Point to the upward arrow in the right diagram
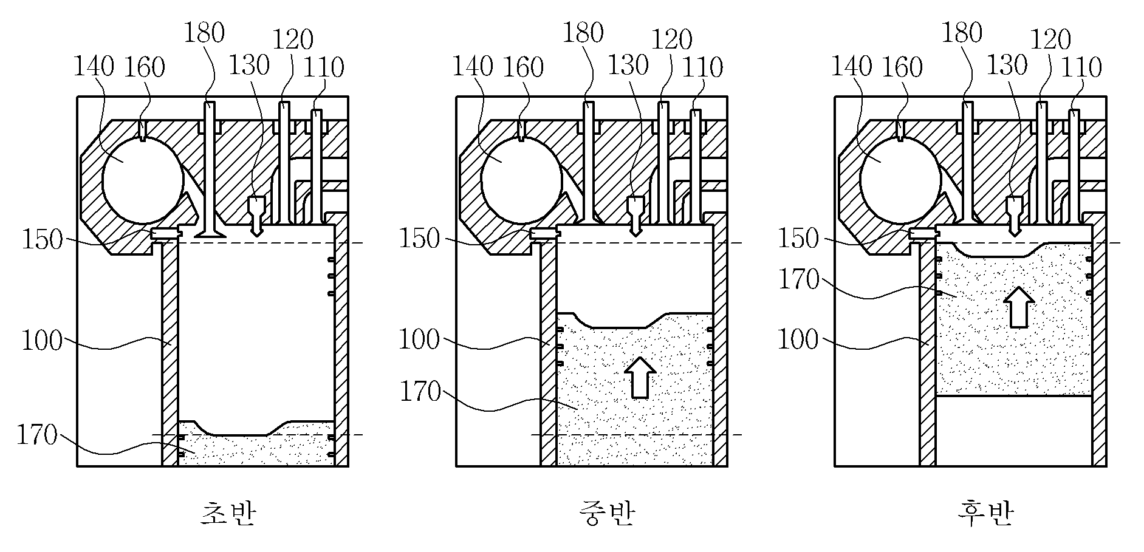(x=1018, y=307)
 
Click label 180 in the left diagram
(x=204, y=33)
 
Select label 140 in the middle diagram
(x=472, y=66)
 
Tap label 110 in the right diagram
(x=1081, y=67)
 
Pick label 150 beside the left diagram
(x=42, y=240)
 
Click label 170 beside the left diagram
(x=36, y=436)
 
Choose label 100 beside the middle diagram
(x=419, y=340)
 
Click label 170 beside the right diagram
(x=799, y=280)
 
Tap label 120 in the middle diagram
(x=672, y=40)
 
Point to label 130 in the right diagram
(x=1007, y=65)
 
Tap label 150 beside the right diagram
(x=799, y=239)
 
